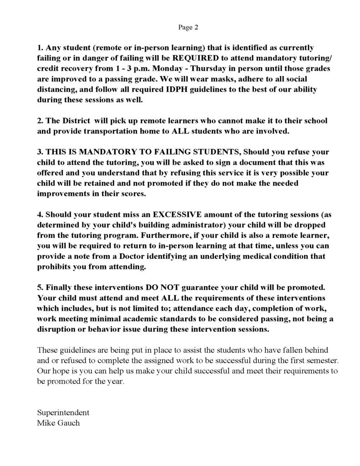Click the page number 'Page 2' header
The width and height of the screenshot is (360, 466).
pyautogui.click(x=188, y=27)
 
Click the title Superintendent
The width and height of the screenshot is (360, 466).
pyautogui.click(x=63, y=413)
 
